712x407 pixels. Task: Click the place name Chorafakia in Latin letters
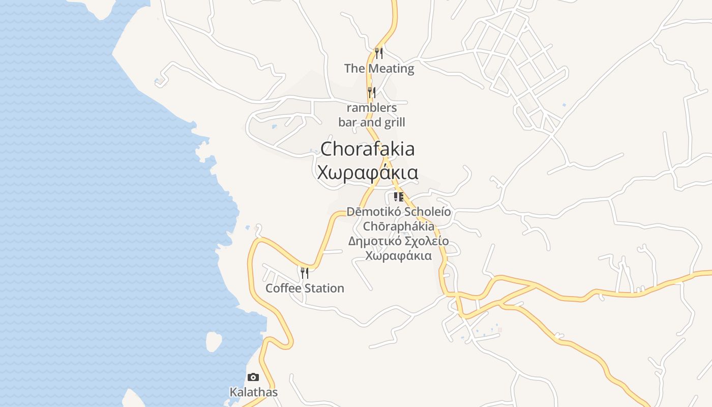point(367,149)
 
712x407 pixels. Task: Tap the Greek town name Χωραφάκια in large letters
point(367,172)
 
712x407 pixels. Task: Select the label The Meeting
point(379,68)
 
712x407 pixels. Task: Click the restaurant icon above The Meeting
point(378,53)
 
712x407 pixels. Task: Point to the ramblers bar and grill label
point(372,115)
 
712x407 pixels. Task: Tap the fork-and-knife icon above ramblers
point(372,92)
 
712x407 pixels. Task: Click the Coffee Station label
point(305,288)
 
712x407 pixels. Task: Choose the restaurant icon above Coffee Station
point(304,273)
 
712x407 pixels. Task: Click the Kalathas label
point(253,392)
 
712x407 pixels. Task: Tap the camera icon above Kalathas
point(253,377)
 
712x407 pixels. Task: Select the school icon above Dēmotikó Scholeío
point(398,196)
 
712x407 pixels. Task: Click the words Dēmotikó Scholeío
point(398,212)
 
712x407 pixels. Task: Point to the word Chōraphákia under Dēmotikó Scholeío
point(398,226)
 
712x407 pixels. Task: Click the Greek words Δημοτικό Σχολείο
point(398,241)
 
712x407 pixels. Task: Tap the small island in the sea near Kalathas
point(214,341)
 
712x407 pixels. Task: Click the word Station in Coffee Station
point(324,288)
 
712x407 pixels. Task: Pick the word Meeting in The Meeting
point(391,68)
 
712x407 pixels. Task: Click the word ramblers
point(372,108)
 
